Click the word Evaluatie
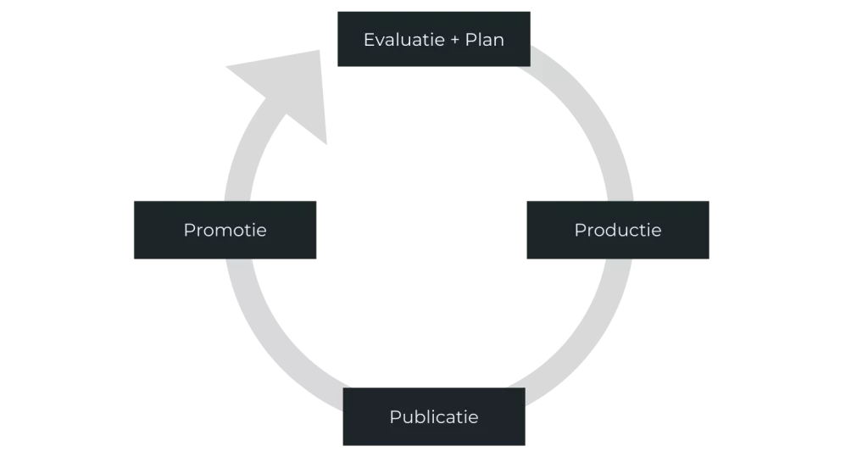click(400, 40)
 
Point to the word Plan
click(485, 40)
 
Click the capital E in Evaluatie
click(369, 40)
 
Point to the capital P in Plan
click(470, 40)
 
